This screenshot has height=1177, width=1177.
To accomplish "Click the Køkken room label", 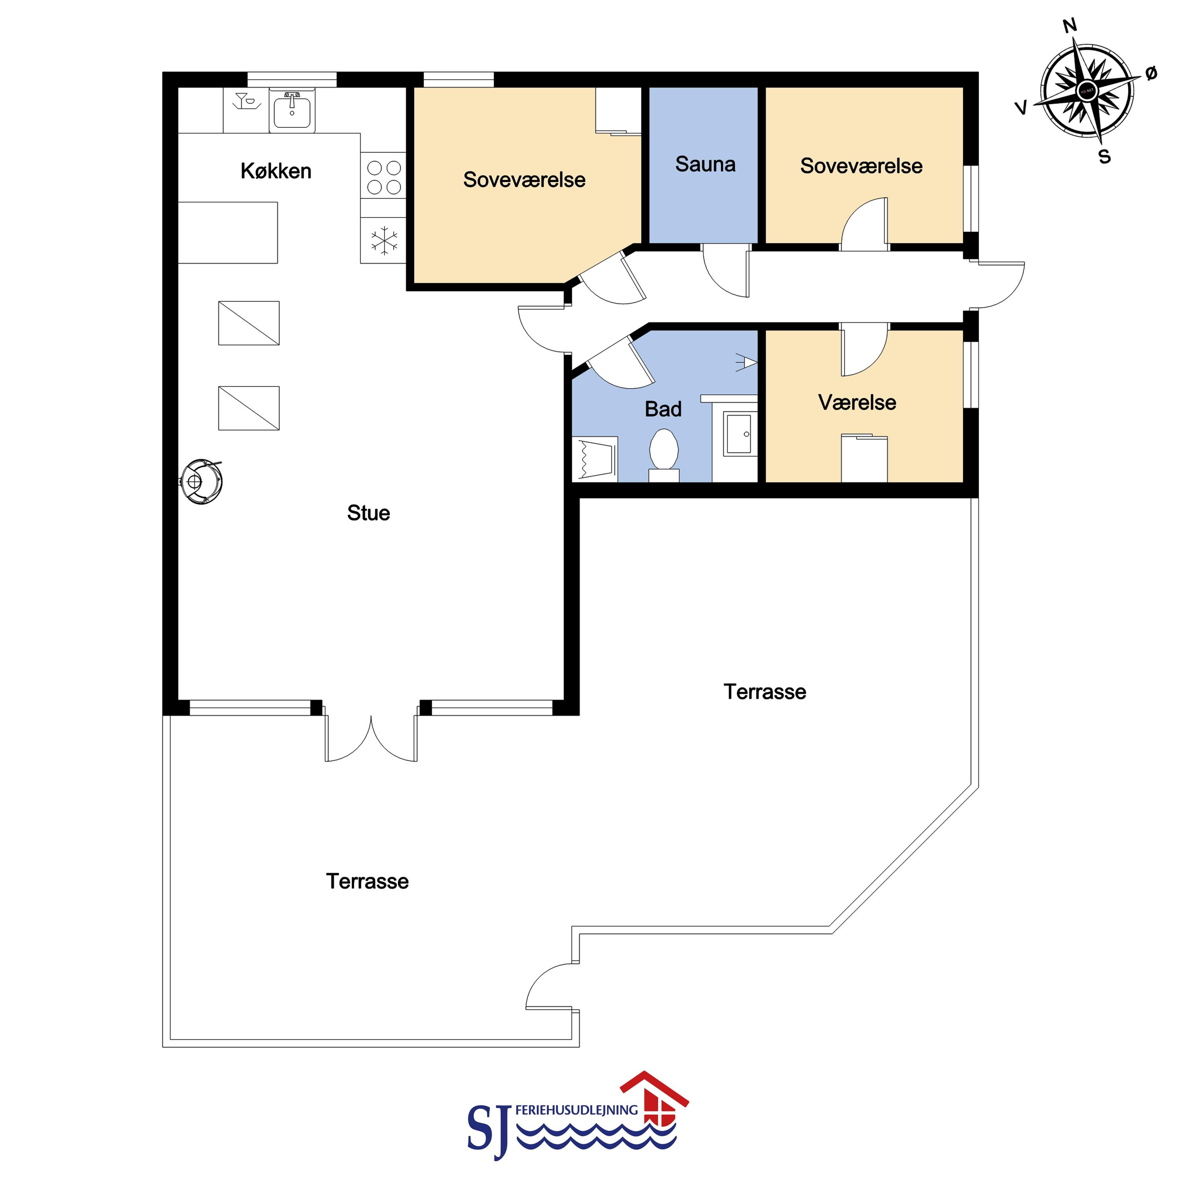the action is point(276,171).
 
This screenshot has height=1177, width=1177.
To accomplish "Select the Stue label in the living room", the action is point(368,513).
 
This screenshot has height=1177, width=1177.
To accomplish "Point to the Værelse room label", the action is point(857,403).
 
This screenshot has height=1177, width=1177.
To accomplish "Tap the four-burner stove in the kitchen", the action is point(384,177).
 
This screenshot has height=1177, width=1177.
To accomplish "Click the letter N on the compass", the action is point(1070,25).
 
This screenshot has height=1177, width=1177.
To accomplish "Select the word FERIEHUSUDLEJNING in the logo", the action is point(576,1110).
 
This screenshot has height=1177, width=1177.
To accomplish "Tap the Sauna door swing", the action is point(726,271).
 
